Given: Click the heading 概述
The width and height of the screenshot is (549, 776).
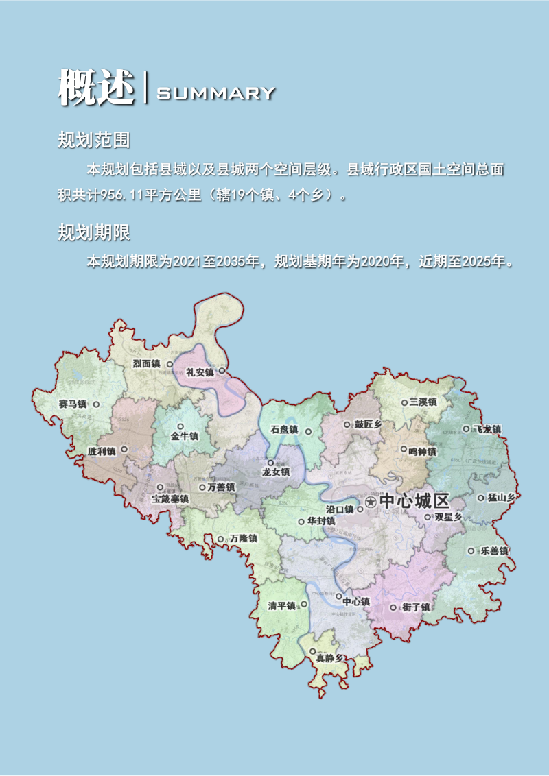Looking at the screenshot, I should click(x=96, y=88).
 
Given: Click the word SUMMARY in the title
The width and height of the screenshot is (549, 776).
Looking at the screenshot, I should click(x=216, y=93).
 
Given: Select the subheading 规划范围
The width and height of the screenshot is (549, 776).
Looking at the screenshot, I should click(x=94, y=141).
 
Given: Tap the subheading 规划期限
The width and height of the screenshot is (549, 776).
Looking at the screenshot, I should click(x=94, y=233).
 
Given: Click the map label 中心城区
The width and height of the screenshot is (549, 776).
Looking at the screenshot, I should click(x=414, y=501).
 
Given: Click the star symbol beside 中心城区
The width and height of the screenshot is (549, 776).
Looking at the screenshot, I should click(x=371, y=502).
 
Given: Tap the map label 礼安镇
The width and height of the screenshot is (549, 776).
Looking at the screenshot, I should click(x=200, y=372).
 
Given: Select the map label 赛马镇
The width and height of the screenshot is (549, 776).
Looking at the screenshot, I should click(x=73, y=404).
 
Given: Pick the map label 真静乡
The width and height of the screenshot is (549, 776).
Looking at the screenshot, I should click(x=329, y=658).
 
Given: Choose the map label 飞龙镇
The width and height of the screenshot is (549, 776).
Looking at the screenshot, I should click(x=487, y=429).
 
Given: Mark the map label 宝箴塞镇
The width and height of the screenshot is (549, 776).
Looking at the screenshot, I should click(x=170, y=500).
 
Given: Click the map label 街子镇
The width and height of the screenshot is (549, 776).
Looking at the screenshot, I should click(x=416, y=607).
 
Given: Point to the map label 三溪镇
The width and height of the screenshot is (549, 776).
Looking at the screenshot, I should click(x=423, y=402).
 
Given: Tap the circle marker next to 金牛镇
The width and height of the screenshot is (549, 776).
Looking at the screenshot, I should click(x=180, y=426).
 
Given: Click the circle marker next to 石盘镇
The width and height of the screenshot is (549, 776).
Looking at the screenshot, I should click(x=308, y=432).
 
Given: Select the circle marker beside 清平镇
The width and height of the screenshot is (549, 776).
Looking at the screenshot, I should click(x=304, y=605).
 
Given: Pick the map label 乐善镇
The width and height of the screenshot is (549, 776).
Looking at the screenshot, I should click(x=493, y=551).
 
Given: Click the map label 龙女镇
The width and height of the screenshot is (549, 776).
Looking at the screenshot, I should click(x=276, y=472).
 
